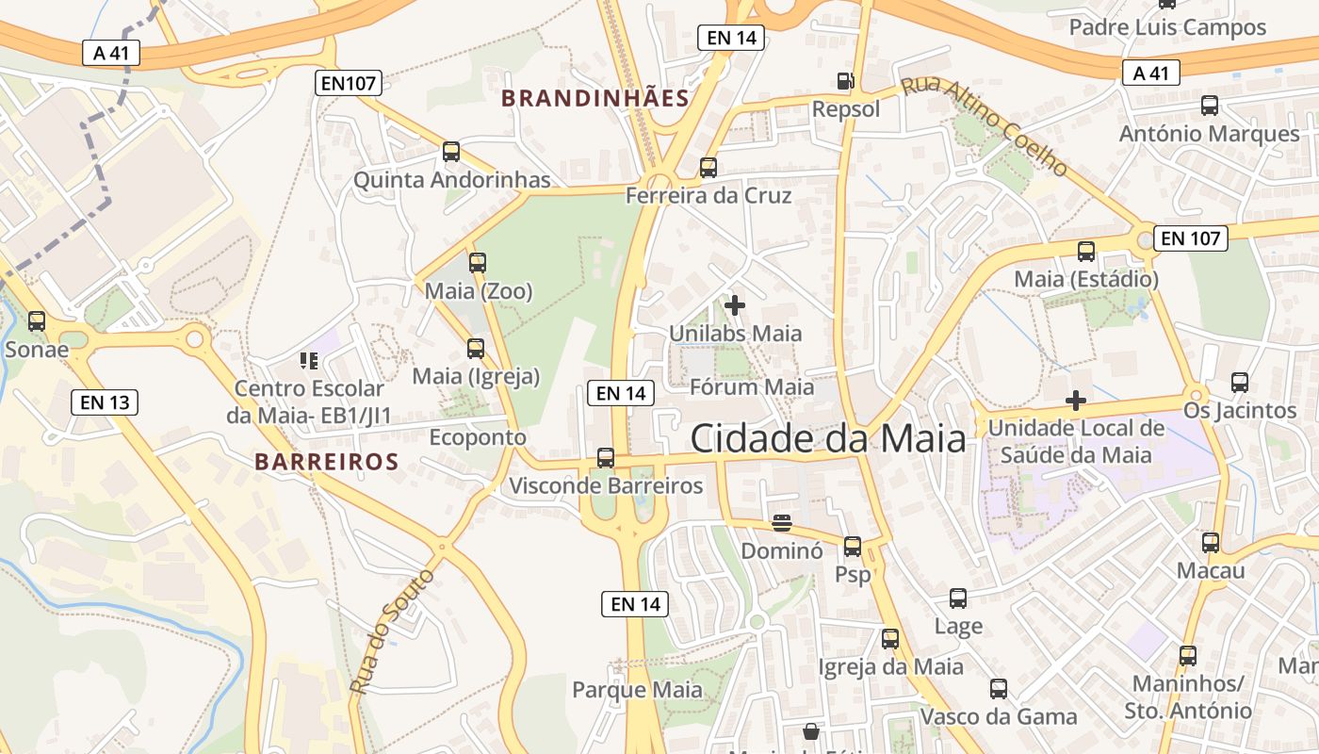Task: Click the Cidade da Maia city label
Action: pos(828,438)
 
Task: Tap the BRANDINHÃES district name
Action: pos(595,98)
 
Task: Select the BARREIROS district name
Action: pos(327,462)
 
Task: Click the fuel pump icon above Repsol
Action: pos(846,81)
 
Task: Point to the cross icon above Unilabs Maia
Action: pos(735,305)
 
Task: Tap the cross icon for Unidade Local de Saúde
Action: pos(1075,401)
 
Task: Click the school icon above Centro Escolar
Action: pos(309,360)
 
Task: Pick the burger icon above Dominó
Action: pos(782,521)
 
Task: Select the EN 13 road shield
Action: pos(105,402)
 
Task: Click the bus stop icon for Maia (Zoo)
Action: pos(478,263)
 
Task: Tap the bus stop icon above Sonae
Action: pos(37,321)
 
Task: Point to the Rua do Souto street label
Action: pos(391,631)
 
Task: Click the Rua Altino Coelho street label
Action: pos(985,126)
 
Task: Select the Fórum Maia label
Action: pos(752,386)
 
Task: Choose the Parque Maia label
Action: pos(637,690)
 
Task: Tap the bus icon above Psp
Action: pos(853,546)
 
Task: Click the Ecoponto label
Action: pos(478,437)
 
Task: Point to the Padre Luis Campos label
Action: pos(1167,27)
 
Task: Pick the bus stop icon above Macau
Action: pos(1211,543)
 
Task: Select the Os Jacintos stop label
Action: pos(1240,411)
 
